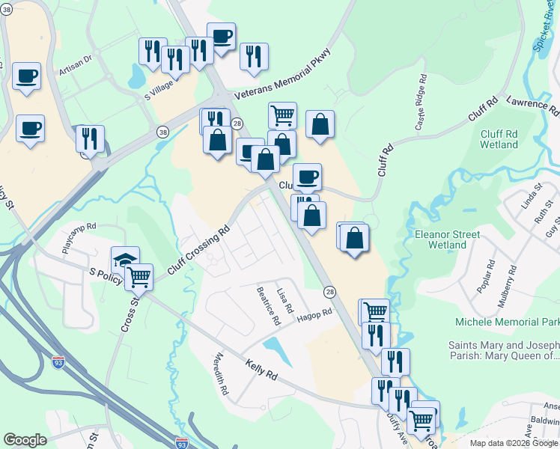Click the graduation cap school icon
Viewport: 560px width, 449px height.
point(125,260)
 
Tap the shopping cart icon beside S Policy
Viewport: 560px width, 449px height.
point(139,277)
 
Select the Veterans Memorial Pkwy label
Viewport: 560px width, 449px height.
point(282,75)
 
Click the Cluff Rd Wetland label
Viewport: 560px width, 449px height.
point(499,138)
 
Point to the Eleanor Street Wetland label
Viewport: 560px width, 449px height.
point(447,239)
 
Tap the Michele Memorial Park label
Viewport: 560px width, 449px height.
point(507,322)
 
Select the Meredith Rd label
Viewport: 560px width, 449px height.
point(221,374)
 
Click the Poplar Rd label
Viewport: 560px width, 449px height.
point(490,275)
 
